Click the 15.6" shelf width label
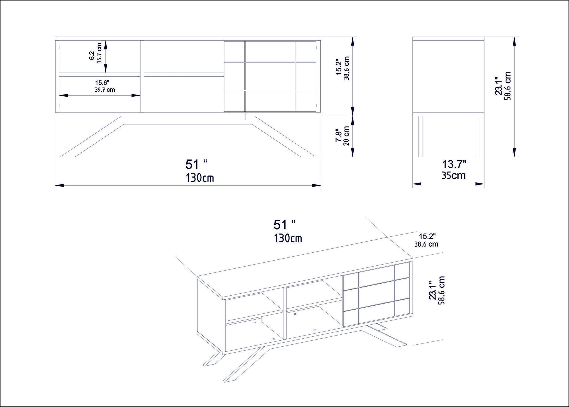(102, 83)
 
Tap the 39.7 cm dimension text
(105, 90)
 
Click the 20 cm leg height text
(346, 136)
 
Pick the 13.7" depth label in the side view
(454, 164)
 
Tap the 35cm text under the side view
(453, 175)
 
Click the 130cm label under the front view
(200, 178)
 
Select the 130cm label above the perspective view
(288, 238)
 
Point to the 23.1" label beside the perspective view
(432, 291)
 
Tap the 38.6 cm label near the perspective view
(426, 244)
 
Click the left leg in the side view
(420, 136)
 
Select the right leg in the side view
(476, 136)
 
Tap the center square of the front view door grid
(270, 76)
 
